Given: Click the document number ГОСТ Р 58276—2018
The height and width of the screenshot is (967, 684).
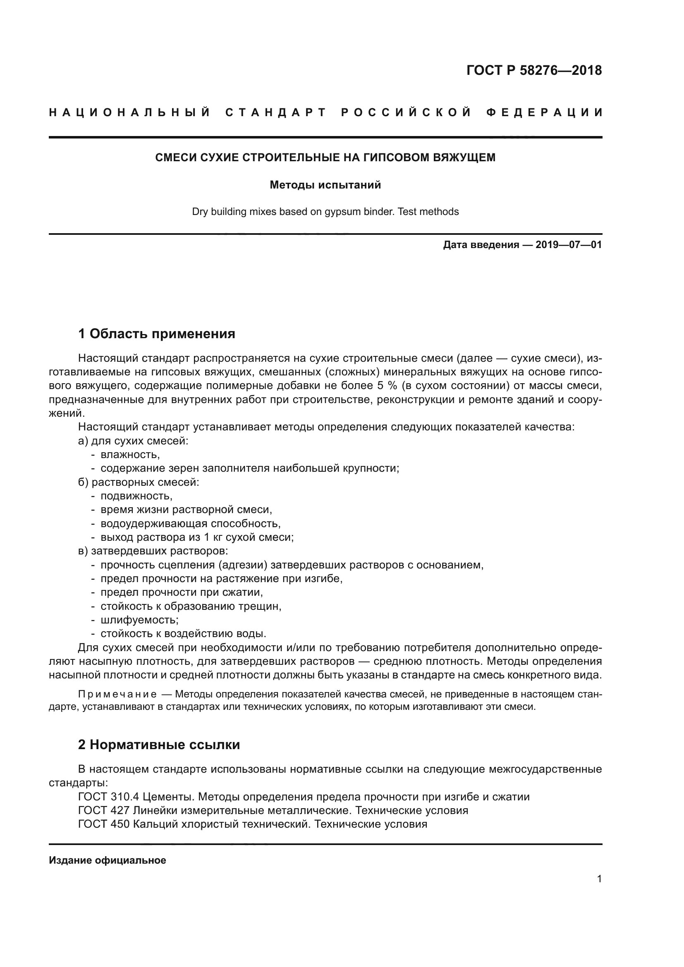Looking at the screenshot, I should (533, 70).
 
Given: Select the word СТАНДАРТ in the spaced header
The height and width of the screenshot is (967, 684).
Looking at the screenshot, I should (276, 112).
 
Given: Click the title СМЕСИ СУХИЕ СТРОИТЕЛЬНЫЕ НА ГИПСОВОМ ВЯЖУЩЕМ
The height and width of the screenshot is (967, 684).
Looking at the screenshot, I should (325, 158).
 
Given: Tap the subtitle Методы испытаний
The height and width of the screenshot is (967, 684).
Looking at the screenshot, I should (325, 185).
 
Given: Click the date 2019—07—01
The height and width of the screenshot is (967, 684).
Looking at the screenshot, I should (568, 245).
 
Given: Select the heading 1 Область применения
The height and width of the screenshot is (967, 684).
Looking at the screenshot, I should (156, 334).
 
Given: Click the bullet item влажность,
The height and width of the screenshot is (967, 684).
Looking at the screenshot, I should (130, 454).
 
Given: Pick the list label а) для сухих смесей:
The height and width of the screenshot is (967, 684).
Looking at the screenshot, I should (133, 441).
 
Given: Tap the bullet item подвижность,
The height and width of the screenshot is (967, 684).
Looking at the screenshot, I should (136, 496).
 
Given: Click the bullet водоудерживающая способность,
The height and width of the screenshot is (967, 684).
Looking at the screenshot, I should (190, 523).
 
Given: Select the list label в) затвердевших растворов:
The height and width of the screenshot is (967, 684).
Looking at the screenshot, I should (153, 551).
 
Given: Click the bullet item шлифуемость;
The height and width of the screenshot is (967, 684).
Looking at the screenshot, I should (139, 620).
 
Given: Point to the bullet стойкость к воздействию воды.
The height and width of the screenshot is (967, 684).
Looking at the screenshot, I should (183, 633).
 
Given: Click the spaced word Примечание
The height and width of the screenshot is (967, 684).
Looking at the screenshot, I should (117, 694).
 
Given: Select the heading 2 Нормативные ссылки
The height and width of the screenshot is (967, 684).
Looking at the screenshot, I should (159, 745).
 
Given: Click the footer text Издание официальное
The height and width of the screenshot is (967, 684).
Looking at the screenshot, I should (108, 860).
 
